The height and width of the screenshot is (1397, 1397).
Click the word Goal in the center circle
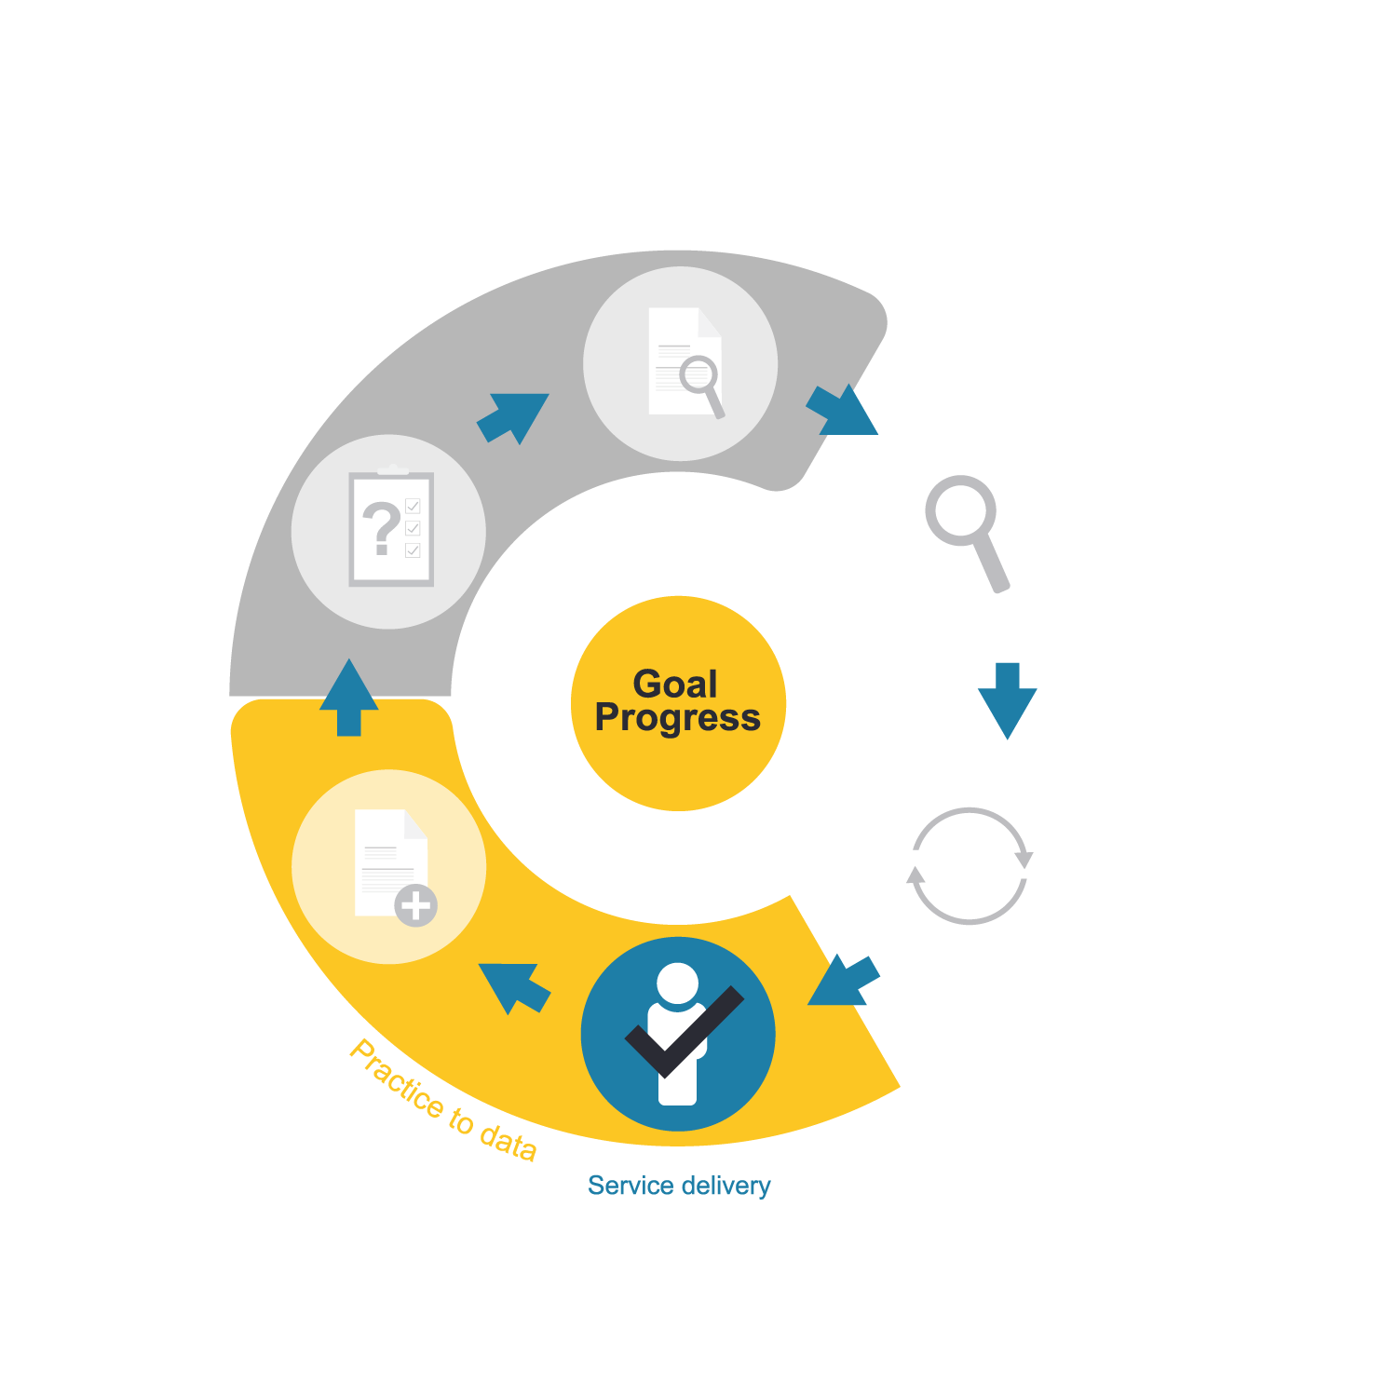pos(675,685)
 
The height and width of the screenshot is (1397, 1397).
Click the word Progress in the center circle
pos(678,719)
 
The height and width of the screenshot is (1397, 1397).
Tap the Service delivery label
pos(679,1186)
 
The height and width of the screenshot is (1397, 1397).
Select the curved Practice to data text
pos(443,1100)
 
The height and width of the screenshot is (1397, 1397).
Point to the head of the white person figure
pos(677,983)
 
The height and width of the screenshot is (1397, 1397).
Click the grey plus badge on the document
pos(415,905)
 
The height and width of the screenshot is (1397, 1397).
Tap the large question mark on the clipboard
pos(381,528)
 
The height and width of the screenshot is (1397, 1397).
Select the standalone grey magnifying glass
pos(967,531)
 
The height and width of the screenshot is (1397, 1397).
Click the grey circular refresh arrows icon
pos(970,866)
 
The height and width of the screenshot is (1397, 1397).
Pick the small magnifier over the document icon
pos(701,385)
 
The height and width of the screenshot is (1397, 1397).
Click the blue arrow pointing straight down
pos(1008,700)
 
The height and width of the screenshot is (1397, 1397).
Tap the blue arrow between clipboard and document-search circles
pos(513,416)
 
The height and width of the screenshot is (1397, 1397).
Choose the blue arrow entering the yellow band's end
pos(843,981)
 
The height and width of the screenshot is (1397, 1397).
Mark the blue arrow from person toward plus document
pos(513,986)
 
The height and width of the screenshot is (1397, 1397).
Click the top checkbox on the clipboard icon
pos(414,507)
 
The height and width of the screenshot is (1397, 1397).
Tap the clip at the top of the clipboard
pos(392,470)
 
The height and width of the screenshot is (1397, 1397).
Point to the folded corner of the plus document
pos(415,824)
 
